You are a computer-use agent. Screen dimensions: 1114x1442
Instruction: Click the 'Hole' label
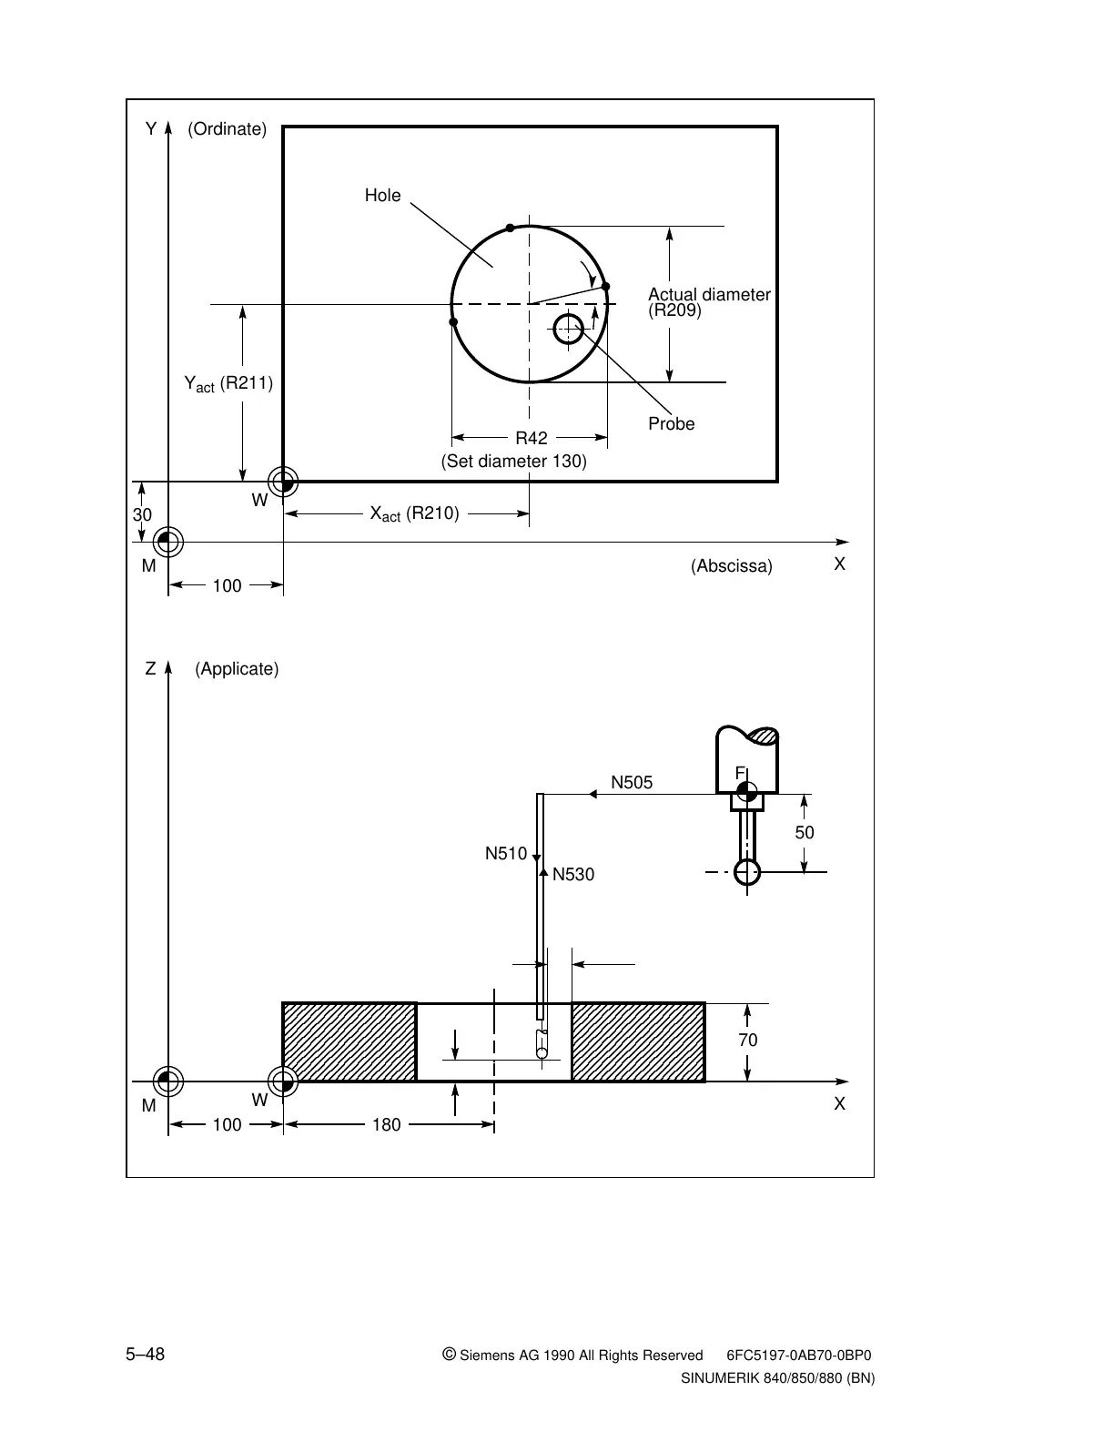click(382, 196)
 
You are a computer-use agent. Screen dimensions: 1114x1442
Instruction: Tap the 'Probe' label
click(672, 424)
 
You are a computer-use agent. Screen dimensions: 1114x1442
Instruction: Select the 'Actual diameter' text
click(709, 295)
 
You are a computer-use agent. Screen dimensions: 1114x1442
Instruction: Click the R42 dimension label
click(532, 438)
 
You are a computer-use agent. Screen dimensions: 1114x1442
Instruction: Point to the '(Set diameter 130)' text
click(514, 462)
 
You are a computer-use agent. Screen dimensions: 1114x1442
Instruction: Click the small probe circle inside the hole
click(569, 329)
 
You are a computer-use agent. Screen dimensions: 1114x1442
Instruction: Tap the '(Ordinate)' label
click(227, 129)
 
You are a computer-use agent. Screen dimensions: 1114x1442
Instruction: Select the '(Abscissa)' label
click(732, 566)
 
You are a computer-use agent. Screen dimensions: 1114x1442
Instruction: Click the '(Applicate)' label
click(237, 669)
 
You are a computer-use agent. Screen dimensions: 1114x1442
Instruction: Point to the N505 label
click(632, 782)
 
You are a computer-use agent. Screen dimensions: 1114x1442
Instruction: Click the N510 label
click(506, 854)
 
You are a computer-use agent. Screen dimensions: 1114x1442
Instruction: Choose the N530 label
click(573, 875)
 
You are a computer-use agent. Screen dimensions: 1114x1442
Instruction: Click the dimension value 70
click(748, 1041)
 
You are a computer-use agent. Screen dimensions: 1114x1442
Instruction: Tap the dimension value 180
click(387, 1125)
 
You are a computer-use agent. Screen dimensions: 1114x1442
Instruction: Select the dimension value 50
click(805, 833)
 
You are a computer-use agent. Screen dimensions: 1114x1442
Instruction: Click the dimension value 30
click(143, 515)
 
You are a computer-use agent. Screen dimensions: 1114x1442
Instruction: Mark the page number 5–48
click(146, 1355)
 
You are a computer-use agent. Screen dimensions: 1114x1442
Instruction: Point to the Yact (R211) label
click(228, 383)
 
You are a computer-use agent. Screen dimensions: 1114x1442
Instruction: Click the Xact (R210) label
click(414, 513)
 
